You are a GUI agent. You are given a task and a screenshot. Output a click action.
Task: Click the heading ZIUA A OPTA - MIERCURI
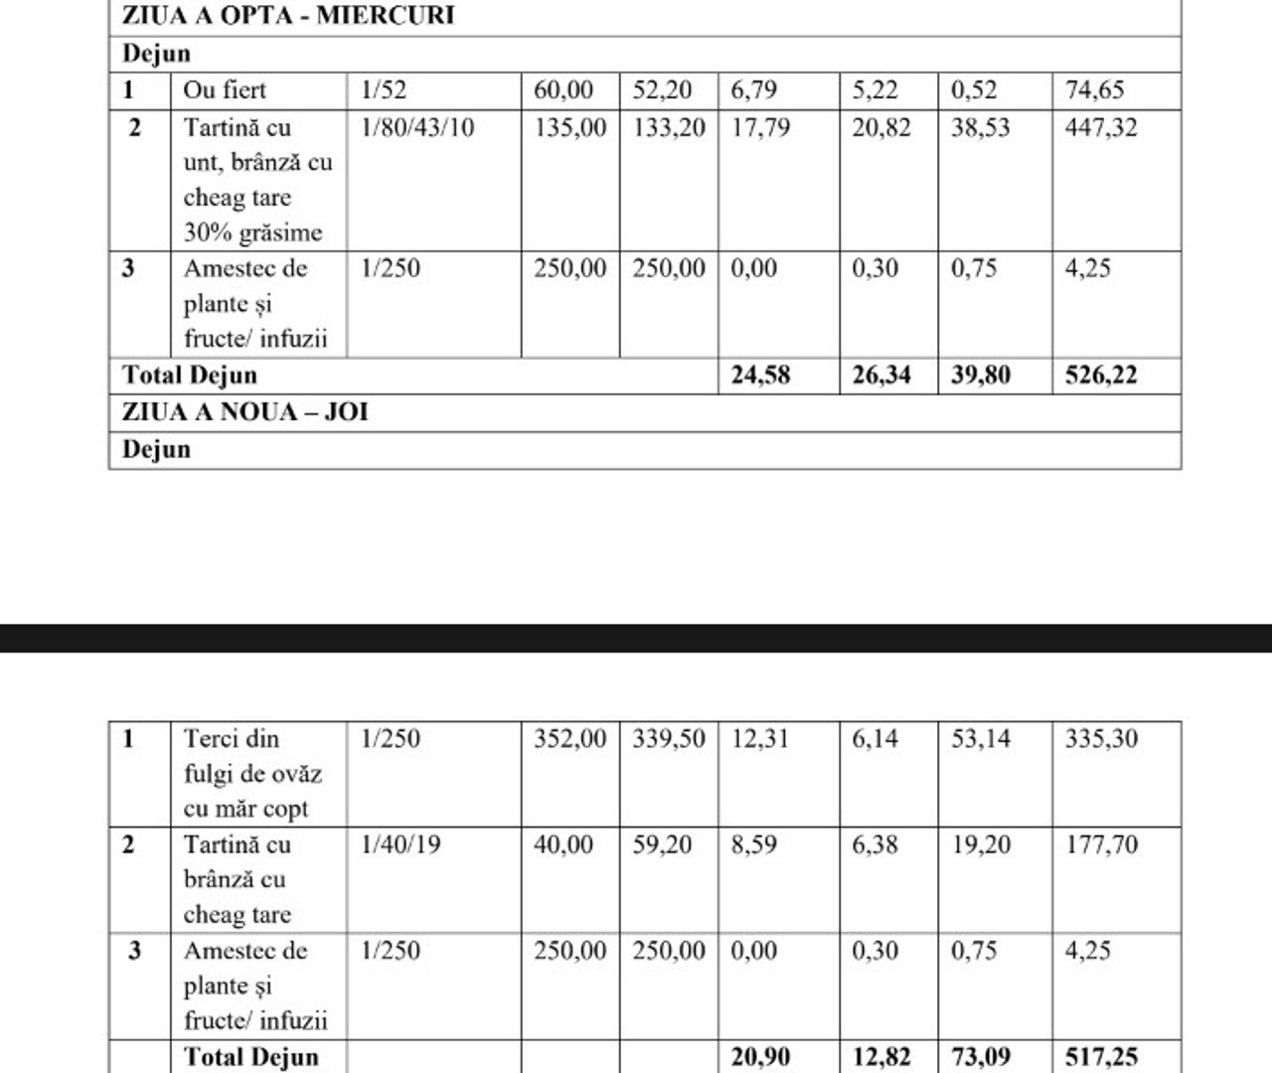[x=288, y=16]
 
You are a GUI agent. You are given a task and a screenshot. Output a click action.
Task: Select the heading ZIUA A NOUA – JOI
[x=244, y=411]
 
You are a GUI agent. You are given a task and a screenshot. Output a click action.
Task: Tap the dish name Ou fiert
[x=225, y=90]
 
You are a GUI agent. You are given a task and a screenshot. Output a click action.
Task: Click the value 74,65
[x=1094, y=90]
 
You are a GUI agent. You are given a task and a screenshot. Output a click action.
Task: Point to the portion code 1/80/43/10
[x=417, y=127]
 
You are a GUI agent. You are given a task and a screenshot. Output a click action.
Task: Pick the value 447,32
[x=1100, y=127]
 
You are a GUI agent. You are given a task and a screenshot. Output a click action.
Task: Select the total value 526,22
[x=1100, y=376]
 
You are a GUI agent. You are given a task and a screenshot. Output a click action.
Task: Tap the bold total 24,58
[x=760, y=376]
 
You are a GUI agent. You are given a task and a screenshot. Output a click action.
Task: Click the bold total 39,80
[x=980, y=376]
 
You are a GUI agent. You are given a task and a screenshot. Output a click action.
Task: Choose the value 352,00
[x=569, y=739]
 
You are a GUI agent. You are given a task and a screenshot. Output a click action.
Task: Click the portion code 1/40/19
[x=400, y=844]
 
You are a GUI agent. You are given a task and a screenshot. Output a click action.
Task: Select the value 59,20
[x=662, y=844]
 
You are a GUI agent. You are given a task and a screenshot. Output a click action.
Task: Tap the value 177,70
[x=1100, y=844]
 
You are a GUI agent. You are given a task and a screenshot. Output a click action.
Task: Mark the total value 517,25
[x=1100, y=1057]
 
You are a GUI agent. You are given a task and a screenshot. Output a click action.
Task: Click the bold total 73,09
[x=980, y=1057]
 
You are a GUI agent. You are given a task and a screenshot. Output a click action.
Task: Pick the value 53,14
[x=980, y=739]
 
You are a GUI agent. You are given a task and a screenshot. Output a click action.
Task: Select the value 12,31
[x=760, y=739]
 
